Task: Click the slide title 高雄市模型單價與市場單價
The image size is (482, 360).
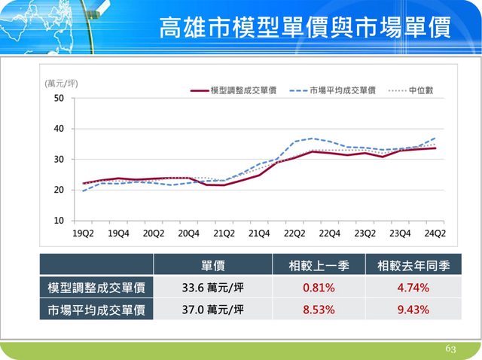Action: (x=305, y=28)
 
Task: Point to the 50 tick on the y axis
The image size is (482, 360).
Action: (x=59, y=99)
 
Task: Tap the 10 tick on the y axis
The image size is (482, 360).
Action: (x=59, y=221)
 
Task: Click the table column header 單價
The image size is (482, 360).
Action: (x=212, y=266)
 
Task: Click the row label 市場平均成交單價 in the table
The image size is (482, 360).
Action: (x=96, y=310)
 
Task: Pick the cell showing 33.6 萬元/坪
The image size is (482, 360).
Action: (x=212, y=287)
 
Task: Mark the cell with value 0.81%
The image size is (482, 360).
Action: (x=319, y=287)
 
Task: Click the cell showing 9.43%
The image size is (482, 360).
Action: (x=413, y=310)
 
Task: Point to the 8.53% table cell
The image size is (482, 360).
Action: (x=319, y=310)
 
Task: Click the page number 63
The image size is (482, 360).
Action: (x=451, y=349)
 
